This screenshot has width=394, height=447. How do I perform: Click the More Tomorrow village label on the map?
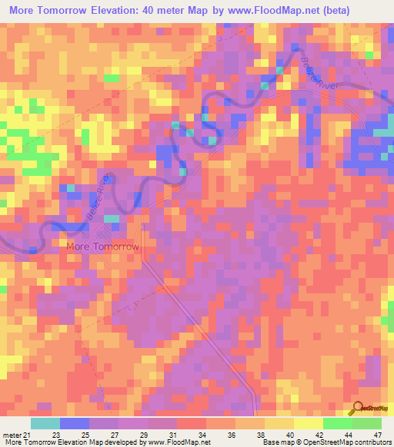tap(102, 247)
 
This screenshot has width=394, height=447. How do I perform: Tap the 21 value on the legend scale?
tap(28, 435)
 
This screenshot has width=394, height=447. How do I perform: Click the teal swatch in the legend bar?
tap(45, 423)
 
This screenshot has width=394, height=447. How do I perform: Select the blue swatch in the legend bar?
tap(74, 423)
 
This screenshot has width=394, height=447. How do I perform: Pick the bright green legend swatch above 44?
tap(337, 423)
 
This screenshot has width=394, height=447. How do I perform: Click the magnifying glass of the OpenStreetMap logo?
tap(357, 408)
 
